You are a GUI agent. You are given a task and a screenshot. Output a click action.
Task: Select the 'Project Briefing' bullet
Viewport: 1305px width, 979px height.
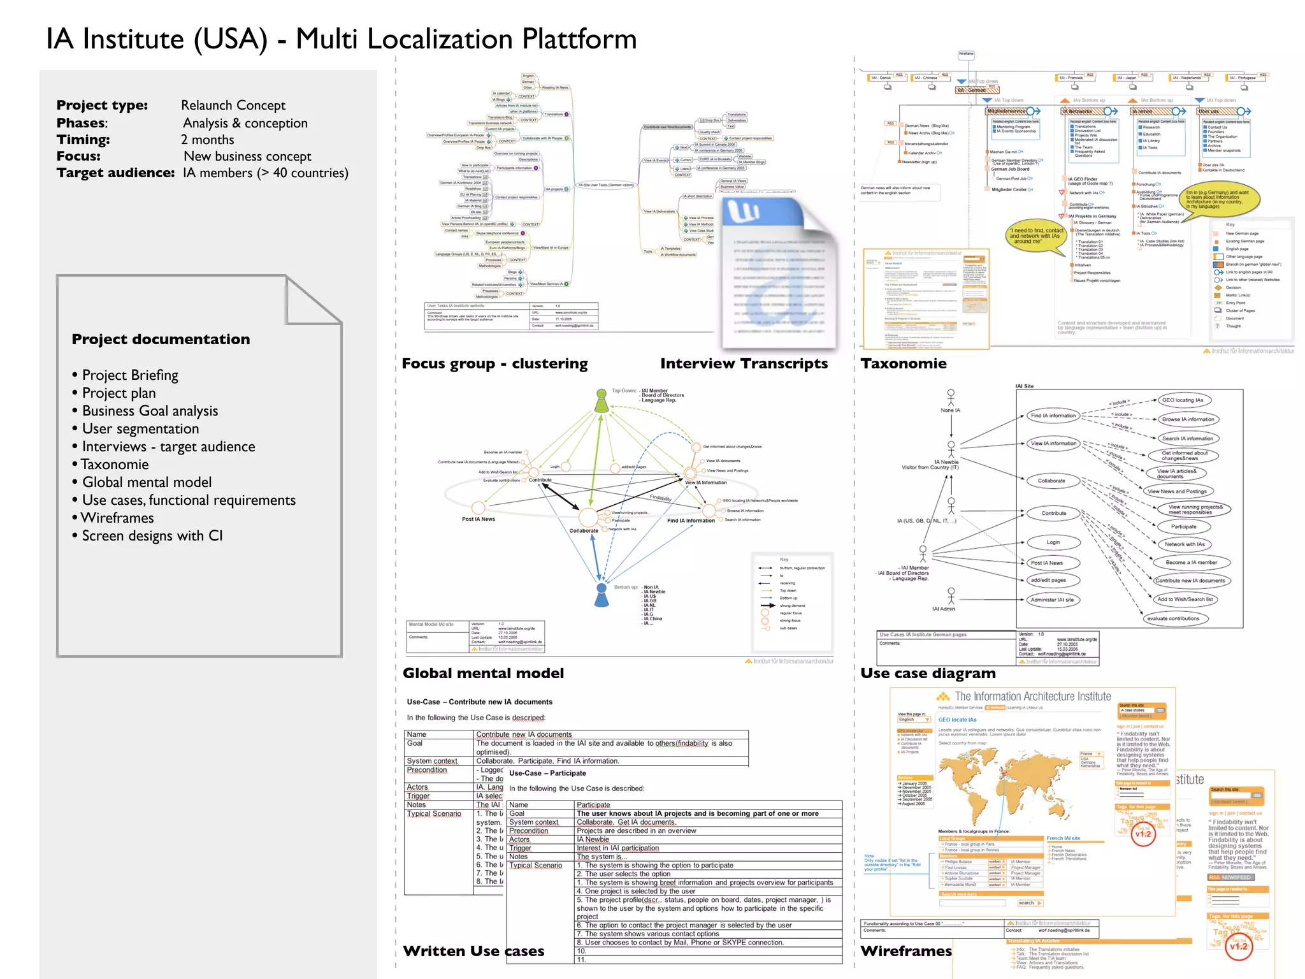click(x=130, y=375)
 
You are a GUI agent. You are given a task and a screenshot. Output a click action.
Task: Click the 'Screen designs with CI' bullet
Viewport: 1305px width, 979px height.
click(x=152, y=535)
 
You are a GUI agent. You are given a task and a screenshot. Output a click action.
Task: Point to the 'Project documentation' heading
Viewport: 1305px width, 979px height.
click(x=161, y=339)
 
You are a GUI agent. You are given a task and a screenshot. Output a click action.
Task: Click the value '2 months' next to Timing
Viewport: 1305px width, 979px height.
click(x=208, y=140)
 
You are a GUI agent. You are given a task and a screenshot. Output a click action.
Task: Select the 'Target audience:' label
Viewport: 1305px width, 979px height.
click(x=115, y=173)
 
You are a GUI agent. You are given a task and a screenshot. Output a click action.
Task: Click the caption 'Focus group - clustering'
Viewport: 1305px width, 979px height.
click(x=494, y=363)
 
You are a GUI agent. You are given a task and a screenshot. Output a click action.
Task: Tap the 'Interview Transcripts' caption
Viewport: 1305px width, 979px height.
click(x=744, y=363)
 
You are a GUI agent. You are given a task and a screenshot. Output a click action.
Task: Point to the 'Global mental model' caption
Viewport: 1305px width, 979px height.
click(x=483, y=673)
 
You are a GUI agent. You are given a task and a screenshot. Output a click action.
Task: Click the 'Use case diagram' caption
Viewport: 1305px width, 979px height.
click(x=928, y=673)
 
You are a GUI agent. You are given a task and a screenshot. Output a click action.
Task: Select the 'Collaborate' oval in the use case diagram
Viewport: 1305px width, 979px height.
click(x=1051, y=481)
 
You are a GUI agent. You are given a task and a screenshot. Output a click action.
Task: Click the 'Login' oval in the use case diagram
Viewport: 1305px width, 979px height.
click(x=1053, y=542)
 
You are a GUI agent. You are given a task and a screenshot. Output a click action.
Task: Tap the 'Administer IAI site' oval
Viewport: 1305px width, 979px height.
click(x=1052, y=600)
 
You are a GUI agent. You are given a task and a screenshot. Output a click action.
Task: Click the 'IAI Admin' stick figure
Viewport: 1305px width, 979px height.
click(x=951, y=596)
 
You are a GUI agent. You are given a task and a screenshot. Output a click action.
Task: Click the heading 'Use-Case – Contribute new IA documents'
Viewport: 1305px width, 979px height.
click(x=479, y=702)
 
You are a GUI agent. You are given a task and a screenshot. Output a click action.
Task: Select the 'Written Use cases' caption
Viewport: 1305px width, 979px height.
click(x=473, y=951)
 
